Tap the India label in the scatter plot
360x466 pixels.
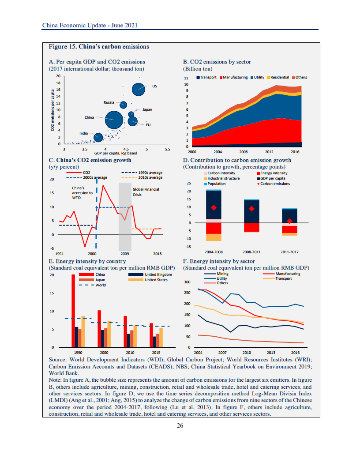(x=84, y=133)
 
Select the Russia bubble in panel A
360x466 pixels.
(x=124, y=105)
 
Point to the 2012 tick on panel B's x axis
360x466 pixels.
(x=269, y=151)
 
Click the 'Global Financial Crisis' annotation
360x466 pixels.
(x=145, y=192)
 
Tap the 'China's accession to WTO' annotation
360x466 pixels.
(x=82, y=193)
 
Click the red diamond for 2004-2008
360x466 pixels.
(x=214, y=207)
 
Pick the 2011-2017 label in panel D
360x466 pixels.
(x=289, y=252)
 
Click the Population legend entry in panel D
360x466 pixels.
(x=217, y=183)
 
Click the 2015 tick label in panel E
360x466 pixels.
(x=156, y=353)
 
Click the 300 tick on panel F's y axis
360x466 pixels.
(x=187, y=282)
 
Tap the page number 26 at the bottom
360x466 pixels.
(x=180, y=425)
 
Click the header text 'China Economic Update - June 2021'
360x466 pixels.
(x=90, y=25)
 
